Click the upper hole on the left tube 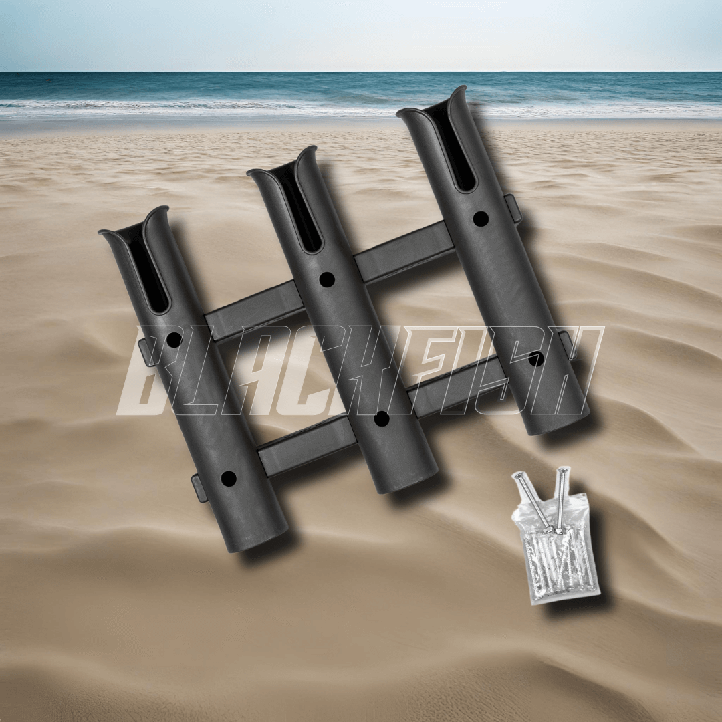pyautogui.click(x=174, y=340)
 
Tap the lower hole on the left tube pyautogui.click(x=229, y=479)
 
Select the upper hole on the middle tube pyautogui.click(x=327, y=279)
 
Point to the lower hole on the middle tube pyautogui.click(x=381, y=418)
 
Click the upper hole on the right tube pyautogui.click(x=481, y=218)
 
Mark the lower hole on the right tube pyautogui.click(x=536, y=359)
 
